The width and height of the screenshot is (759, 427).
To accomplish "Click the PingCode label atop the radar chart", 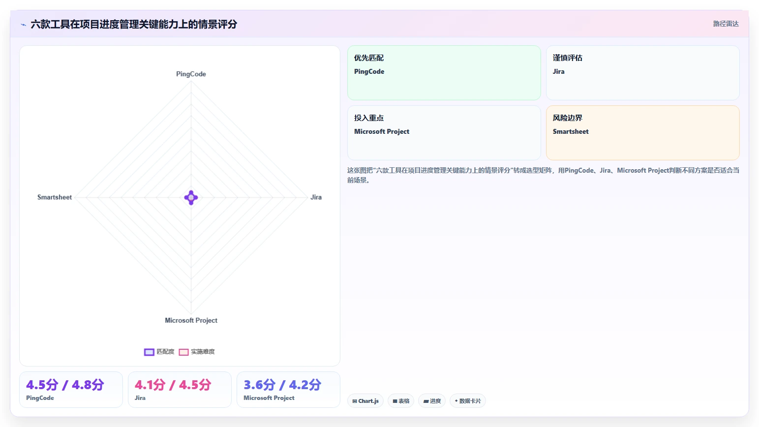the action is pos(191,74).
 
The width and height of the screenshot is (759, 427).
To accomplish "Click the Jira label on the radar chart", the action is pos(316,197).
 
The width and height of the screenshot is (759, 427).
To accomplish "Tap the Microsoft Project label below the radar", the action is pos(191,320).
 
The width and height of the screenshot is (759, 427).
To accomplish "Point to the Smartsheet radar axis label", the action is pos(55,197).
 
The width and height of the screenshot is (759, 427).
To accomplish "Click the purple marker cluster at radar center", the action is pos(191,198).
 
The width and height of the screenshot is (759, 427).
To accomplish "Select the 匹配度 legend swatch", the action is pos(149,352).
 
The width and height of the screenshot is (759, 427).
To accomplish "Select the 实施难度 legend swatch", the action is pos(183,352).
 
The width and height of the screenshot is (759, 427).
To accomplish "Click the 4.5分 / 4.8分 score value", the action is pos(65,385).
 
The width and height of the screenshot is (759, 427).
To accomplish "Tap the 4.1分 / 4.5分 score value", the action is pos(173,385).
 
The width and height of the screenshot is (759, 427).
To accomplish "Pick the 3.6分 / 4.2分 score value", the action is pos(282,385).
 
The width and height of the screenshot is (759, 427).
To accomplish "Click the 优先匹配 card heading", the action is pos(368,58).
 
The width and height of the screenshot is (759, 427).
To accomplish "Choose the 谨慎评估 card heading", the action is pos(568,58).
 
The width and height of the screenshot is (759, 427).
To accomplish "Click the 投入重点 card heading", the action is pos(368,118).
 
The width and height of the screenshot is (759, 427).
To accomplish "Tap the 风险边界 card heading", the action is pos(568,118).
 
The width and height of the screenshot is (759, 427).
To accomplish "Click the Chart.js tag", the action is pos(365,401).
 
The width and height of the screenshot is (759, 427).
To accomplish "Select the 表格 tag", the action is pos(401,401).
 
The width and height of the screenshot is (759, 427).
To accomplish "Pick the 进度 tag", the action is pos(432,401).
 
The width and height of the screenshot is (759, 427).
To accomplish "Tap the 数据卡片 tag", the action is pos(468,401).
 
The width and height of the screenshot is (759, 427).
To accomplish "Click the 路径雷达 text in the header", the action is pos(726,24).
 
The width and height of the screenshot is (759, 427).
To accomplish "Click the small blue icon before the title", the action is pos(24,25).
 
